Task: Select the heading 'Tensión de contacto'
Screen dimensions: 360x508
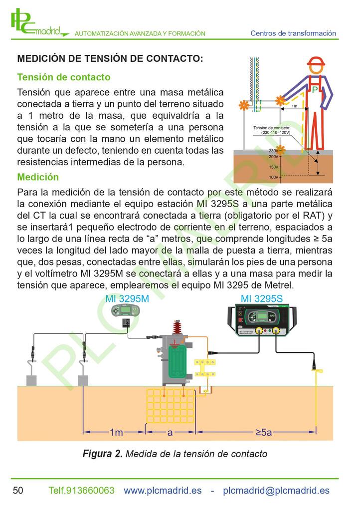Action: click(64, 77)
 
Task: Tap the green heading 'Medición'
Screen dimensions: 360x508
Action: click(38, 177)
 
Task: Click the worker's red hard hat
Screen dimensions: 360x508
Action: click(316, 61)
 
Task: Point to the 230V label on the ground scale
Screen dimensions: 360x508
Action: click(273, 151)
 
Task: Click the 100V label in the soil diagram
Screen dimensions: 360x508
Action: click(274, 177)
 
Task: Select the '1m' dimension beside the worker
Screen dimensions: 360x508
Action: click(294, 106)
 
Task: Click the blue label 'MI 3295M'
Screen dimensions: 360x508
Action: click(127, 298)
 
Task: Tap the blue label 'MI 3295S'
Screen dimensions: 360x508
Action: click(262, 298)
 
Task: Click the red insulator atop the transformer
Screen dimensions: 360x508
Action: click(177, 327)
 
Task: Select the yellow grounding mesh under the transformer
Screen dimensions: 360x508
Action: click(171, 406)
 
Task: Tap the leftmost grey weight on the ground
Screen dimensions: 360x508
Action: click(31, 380)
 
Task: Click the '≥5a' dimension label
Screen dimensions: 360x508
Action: click(264, 432)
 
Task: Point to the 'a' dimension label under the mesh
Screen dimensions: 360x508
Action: click(170, 433)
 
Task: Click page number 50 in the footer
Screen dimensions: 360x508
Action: click(18, 490)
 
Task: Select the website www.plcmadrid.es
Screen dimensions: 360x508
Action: click(163, 491)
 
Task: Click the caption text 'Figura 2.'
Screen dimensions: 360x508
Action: click(103, 454)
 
